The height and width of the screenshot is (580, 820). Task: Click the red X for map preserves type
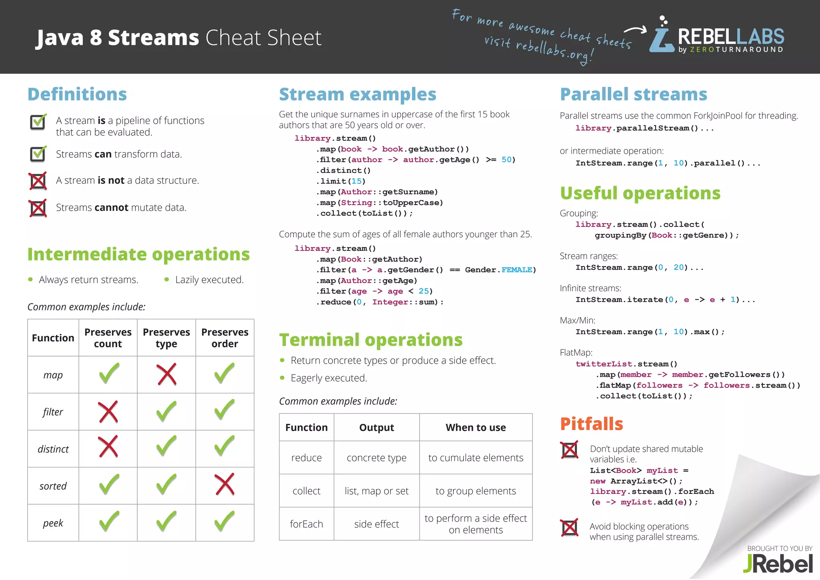tap(167, 375)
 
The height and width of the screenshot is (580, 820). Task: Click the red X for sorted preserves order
tap(225, 485)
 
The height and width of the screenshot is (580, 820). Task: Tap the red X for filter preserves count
tap(108, 412)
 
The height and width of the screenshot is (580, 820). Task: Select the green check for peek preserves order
tap(225, 522)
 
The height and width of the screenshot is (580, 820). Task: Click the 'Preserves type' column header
tap(166, 338)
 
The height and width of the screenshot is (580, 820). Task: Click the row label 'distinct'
tap(53, 449)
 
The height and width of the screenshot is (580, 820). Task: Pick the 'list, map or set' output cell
tap(376, 491)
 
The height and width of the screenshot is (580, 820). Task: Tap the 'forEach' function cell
tap(306, 524)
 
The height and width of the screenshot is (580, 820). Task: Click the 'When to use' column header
tap(476, 427)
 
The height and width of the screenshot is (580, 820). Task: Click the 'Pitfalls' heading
tap(591, 424)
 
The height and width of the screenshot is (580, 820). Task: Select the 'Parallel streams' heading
tap(633, 95)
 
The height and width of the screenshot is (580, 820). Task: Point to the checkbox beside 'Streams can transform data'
tap(38, 154)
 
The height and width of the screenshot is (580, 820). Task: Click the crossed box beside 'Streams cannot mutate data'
tap(38, 208)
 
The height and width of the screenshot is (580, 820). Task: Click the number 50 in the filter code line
tap(506, 160)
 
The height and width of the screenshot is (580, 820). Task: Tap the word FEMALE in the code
tap(517, 270)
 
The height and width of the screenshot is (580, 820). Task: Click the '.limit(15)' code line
tap(341, 181)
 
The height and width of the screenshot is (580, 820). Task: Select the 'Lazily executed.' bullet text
tap(209, 280)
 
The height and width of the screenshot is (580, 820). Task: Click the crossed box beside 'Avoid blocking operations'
tap(569, 528)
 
